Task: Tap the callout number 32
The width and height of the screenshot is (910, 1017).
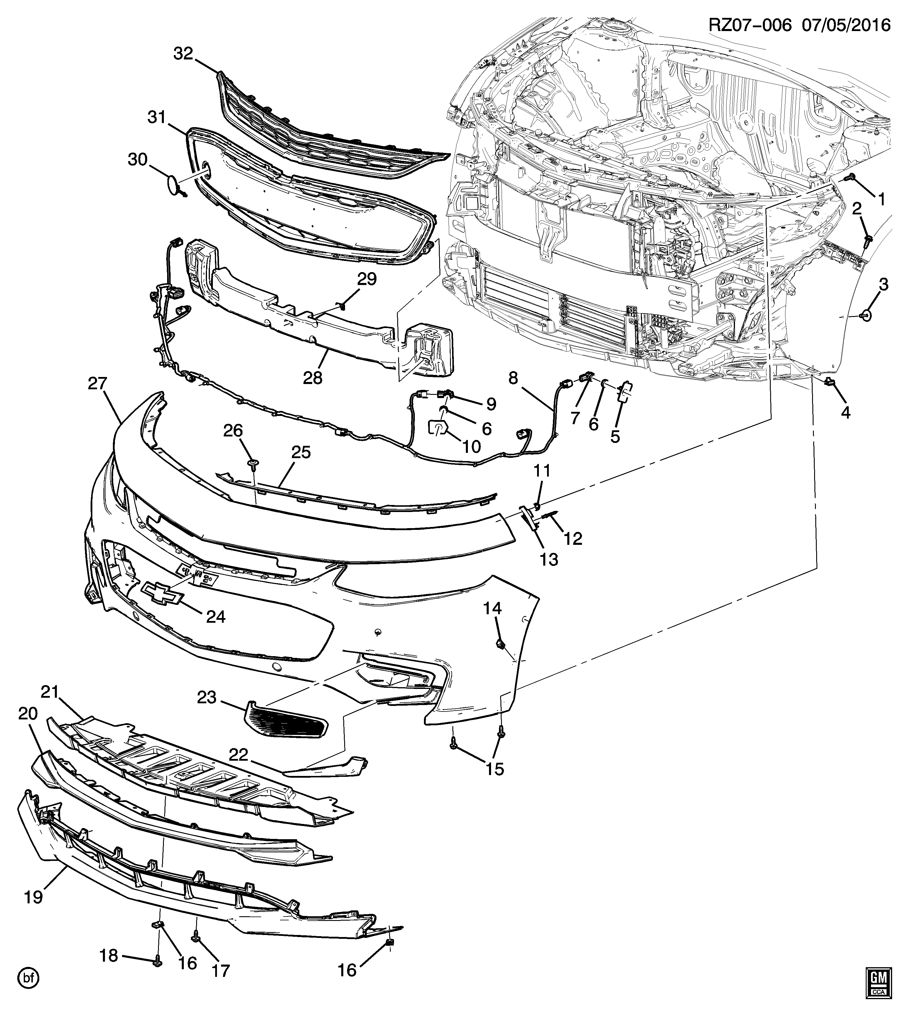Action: [x=183, y=53]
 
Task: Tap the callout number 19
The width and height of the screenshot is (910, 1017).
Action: [x=33, y=897]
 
